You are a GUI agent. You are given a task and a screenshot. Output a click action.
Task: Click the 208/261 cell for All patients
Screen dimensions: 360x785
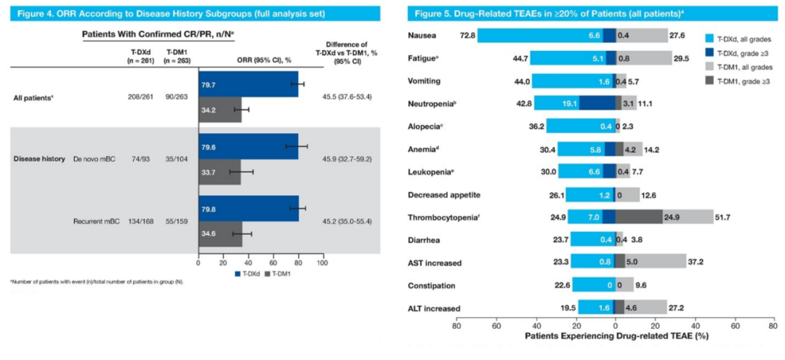(137, 96)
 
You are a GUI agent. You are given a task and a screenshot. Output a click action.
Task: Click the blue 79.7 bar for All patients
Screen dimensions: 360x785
(247, 84)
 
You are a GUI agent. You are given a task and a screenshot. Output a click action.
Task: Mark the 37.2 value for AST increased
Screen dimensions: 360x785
(695, 263)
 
